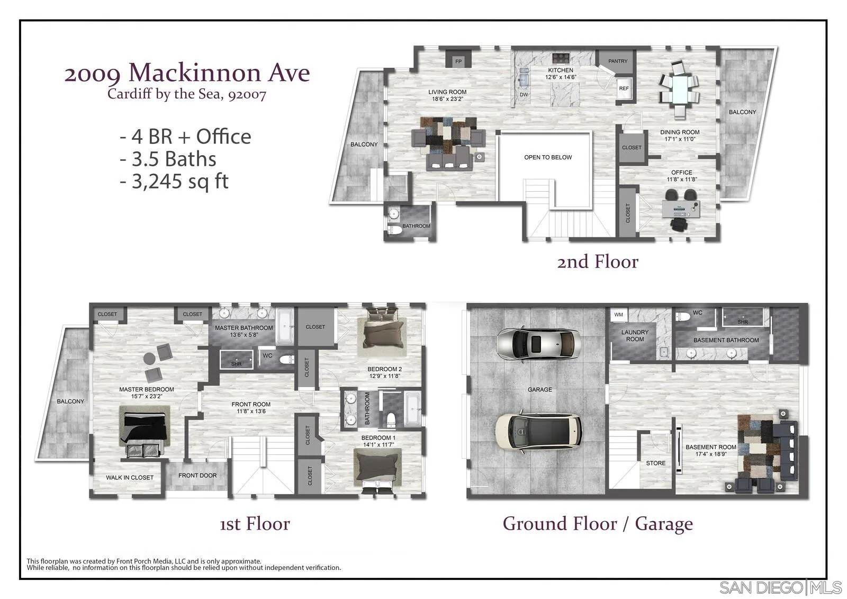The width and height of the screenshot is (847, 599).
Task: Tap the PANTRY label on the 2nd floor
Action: tap(617, 61)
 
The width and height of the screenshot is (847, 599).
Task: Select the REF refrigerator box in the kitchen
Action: tap(624, 88)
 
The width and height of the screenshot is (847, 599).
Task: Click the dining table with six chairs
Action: tap(679, 89)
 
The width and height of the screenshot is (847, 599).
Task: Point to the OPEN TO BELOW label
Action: tap(548, 157)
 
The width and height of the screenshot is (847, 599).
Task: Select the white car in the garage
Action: tap(538, 432)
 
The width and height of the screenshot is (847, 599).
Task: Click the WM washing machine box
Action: tap(619, 315)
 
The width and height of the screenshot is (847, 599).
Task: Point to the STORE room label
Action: tap(655, 463)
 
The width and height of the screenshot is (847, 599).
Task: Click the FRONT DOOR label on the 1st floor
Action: tap(197, 476)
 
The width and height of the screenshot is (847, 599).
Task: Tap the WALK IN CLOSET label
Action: tap(130, 478)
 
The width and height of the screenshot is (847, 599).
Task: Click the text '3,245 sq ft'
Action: tap(175, 182)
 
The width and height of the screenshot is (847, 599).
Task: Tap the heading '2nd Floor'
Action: tap(597, 262)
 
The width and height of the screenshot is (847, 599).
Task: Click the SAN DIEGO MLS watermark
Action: tap(780, 587)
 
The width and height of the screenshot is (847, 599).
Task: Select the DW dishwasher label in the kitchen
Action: tap(524, 95)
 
